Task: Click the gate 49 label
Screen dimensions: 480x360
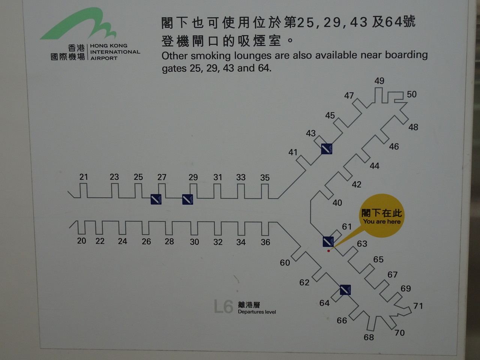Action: pos(379,81)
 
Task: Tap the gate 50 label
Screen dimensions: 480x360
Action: pos(412,94)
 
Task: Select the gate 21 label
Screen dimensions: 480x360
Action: pos(84,177)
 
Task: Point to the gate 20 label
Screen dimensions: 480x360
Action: pos(81,241)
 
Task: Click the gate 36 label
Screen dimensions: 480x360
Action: pos(265,242)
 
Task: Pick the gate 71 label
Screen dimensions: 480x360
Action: pos(418,306)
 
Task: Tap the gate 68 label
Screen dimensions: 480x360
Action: pos(369,337)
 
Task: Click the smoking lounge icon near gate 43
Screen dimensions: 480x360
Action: pos(327,149)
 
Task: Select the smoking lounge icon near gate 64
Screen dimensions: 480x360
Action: pos(345,290)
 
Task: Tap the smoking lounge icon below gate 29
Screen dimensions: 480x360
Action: pos(187,199)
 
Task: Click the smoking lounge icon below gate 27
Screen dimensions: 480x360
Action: pos(156,199)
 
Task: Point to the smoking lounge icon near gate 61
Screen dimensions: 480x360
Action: pos(328,241)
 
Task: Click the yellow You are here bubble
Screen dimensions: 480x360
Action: pos(381,216)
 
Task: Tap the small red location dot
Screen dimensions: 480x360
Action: pos(328,251)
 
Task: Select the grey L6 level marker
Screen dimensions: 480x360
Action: pos(223,306)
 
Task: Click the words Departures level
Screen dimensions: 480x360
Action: pos(257,312)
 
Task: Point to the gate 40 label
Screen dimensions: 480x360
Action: pos(337,203)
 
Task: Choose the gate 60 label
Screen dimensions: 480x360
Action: pos(285,263)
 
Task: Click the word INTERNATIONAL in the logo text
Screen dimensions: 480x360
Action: pos(115,52)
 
